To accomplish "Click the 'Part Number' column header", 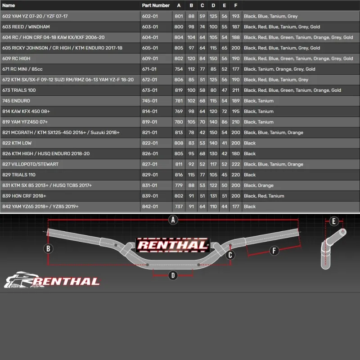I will coord(156,5).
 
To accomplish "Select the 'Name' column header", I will coord(9,5).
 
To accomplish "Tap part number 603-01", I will coord(150,27).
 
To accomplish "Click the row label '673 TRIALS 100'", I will coord(19,90).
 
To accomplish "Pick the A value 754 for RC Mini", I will coord(179,69).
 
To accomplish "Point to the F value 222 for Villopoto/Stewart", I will coord(235,164).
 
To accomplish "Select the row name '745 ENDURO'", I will coord(16,101).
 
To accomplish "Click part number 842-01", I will coord(150,207).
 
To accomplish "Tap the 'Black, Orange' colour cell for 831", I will coord(258,185).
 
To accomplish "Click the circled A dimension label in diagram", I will coord(172,220).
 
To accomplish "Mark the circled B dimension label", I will coord(49,248).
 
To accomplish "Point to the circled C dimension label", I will coord(230,255).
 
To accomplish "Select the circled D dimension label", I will coord(172,275).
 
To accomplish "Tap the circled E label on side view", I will coord(333,221).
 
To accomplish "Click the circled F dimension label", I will coord(274,251).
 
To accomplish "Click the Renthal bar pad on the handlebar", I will coord(172,245).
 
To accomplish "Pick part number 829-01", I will coord(150,175).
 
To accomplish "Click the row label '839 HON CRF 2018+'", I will coord(24,196).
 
